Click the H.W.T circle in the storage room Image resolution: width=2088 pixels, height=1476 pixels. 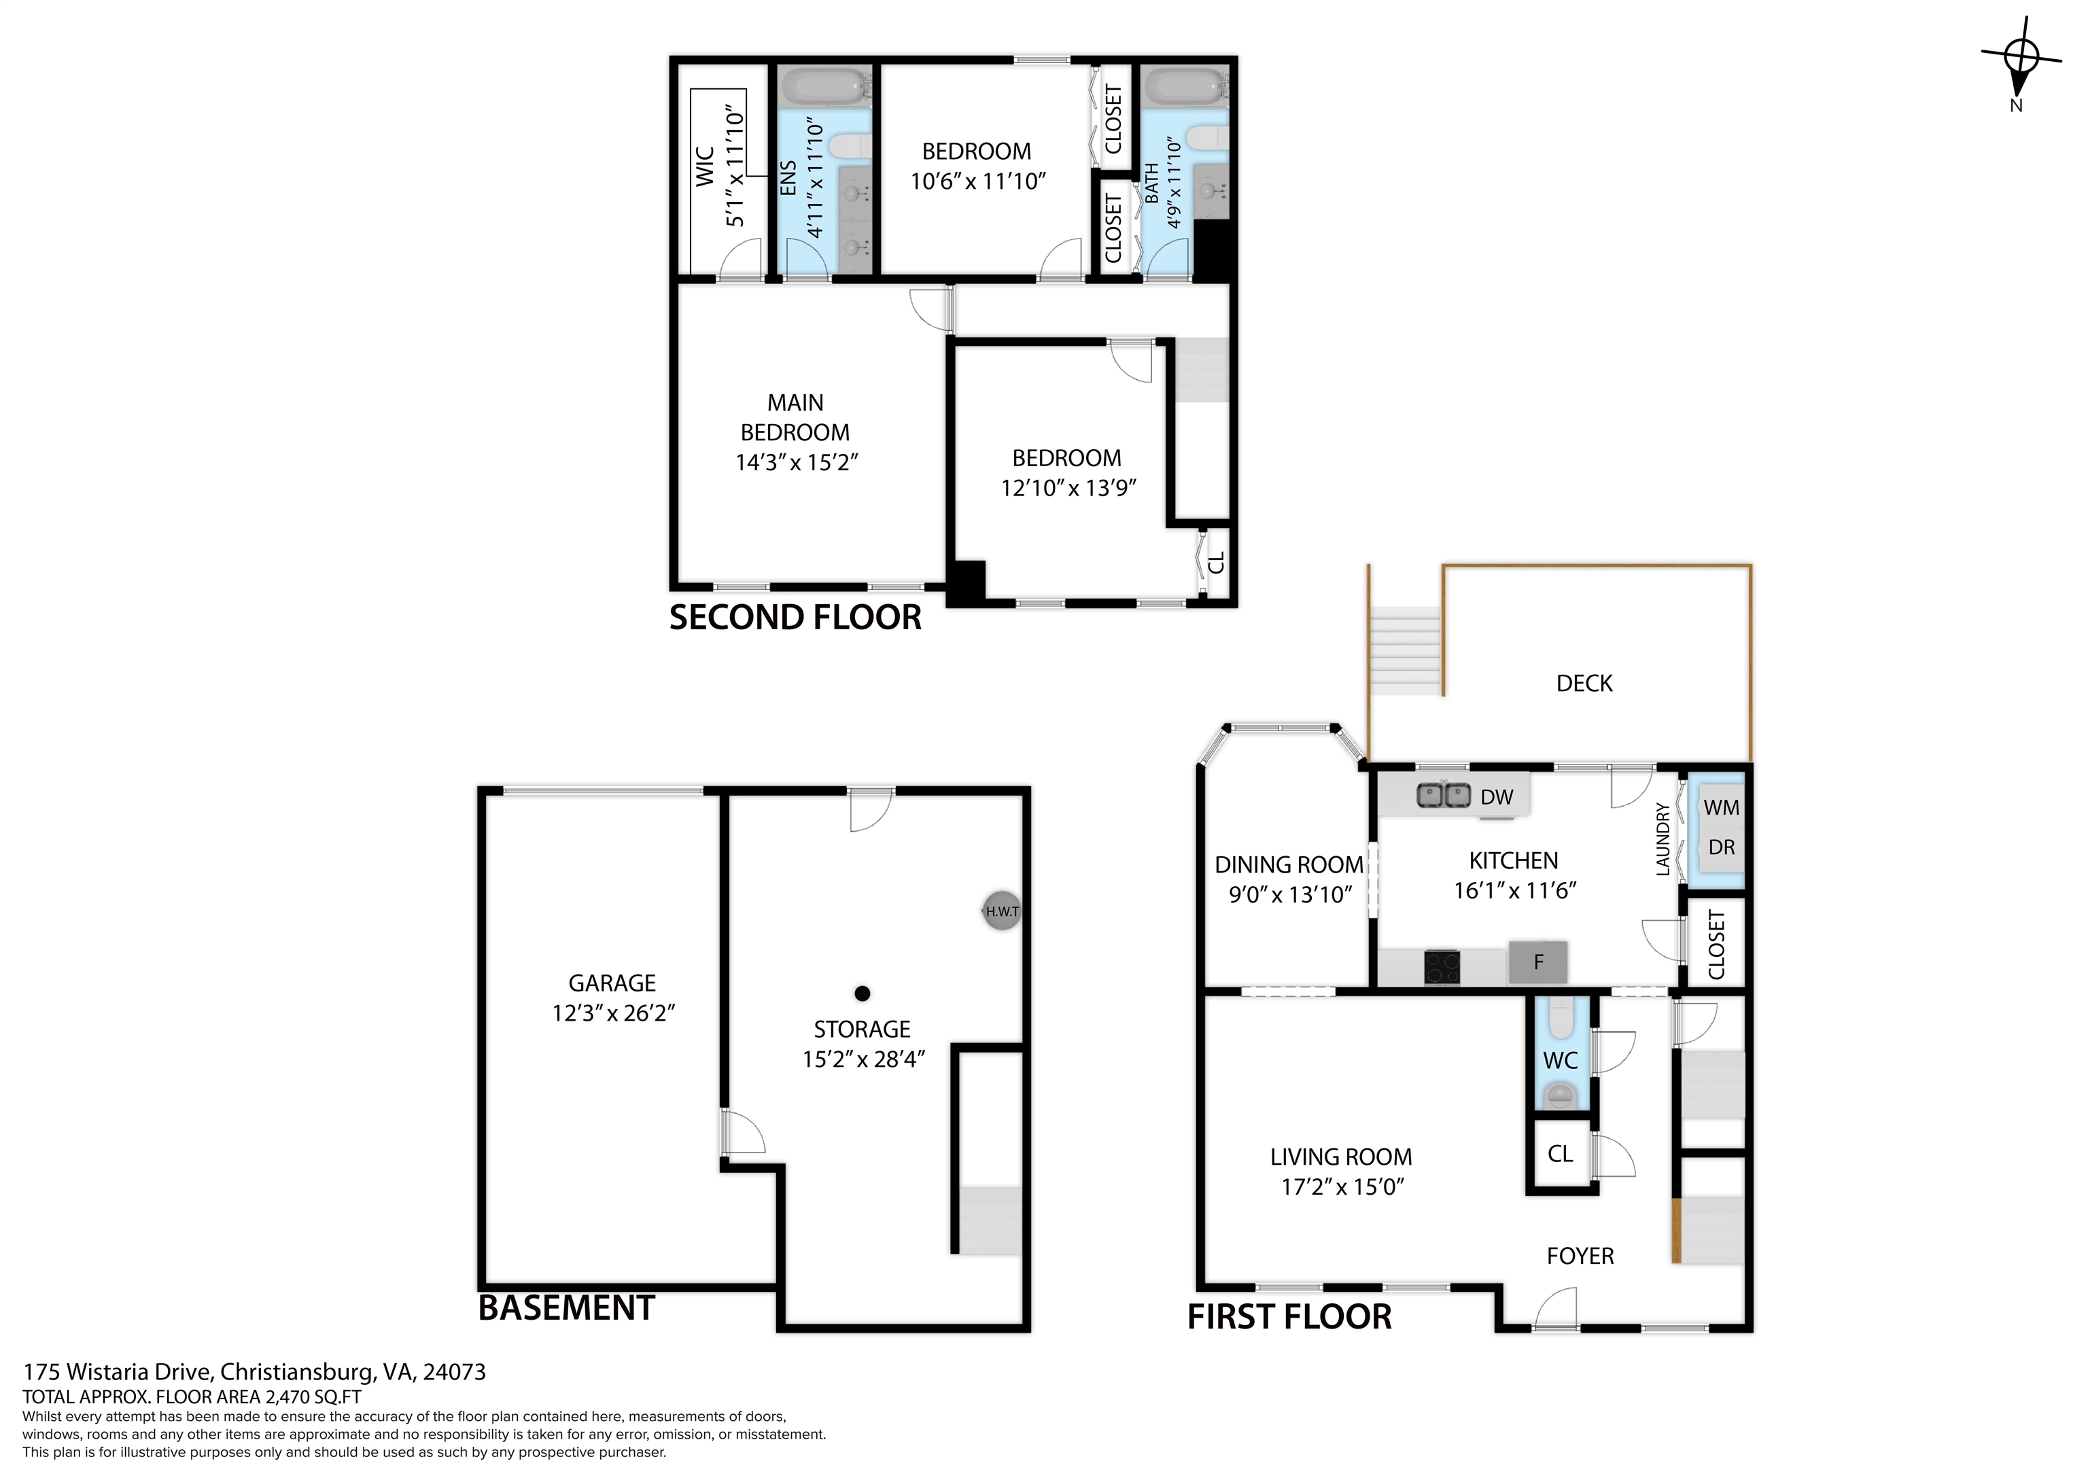tap(1001, 911)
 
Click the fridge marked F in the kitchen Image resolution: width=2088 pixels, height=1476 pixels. tap(1538, 962)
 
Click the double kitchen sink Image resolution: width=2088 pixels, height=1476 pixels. tap(1444, 796)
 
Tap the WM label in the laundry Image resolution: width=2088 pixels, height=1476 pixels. tap(1720, 807)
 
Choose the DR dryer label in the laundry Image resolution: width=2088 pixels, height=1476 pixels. tap(1720, 847)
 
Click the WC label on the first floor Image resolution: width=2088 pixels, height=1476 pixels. tap(1561, 1060)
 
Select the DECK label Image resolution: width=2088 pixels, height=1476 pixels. tap(1584, 684)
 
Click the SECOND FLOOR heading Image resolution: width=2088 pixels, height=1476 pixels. tap(795, 618)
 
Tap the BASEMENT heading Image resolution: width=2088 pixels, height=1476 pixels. tap(565, 1307)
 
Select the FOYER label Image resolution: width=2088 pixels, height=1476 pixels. tap(1580, 1256)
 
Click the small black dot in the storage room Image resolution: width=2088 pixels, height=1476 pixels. tap(862, 993)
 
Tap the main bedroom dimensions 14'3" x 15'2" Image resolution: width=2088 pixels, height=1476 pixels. tap(797, 463)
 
